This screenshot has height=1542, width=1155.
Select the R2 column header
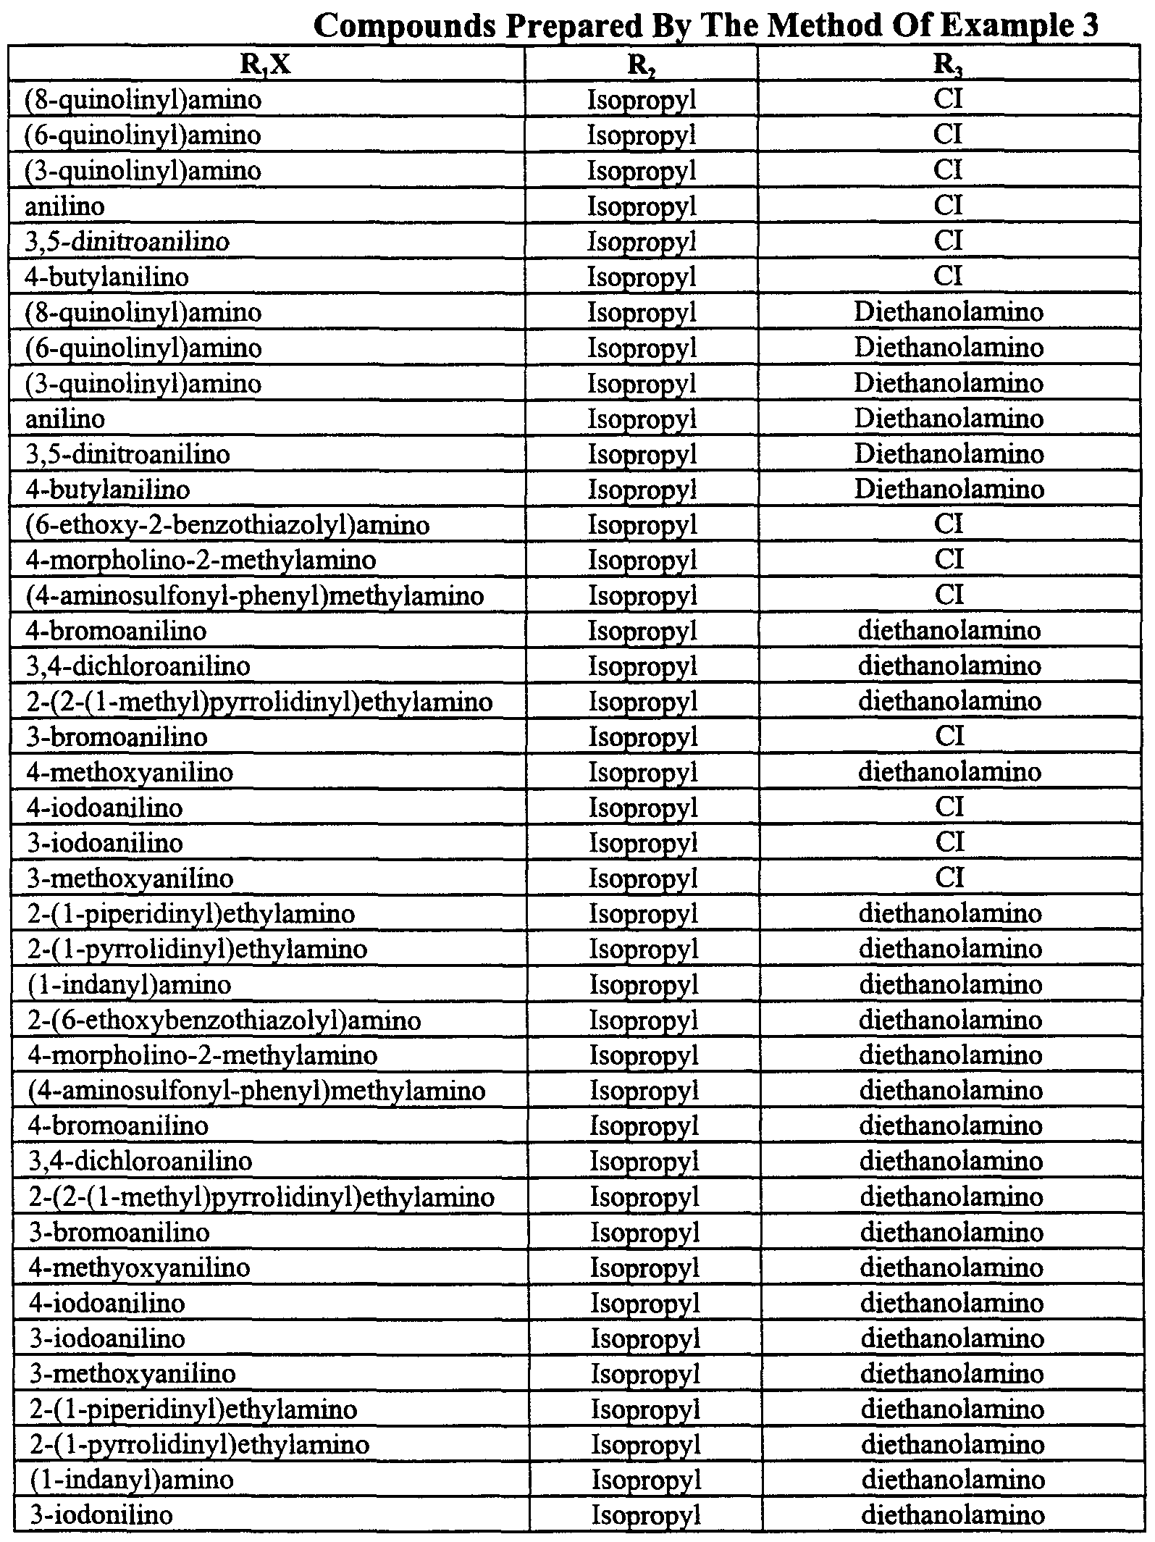(640, 66)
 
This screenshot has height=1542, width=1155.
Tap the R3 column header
(948, 66)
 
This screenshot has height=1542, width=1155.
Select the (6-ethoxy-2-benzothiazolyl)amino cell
(227, 525)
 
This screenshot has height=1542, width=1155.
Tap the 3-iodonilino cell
(101, 1515)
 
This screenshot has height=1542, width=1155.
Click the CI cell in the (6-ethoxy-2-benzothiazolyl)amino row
(949, 524)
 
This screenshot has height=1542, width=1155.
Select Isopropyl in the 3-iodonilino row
(646, 1515)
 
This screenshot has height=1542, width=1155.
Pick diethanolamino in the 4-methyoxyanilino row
(952, 1267)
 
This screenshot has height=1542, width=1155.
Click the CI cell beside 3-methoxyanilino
(949, 878)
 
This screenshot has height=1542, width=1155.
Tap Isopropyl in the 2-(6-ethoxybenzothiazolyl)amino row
(643, 1021)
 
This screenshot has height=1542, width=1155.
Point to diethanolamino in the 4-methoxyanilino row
(949, 772)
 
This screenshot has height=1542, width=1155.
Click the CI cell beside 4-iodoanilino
(949, 807)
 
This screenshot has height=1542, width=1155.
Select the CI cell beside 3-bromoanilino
(949, 737)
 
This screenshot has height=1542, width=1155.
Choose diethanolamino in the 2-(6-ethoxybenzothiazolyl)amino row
(950, 1021)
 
